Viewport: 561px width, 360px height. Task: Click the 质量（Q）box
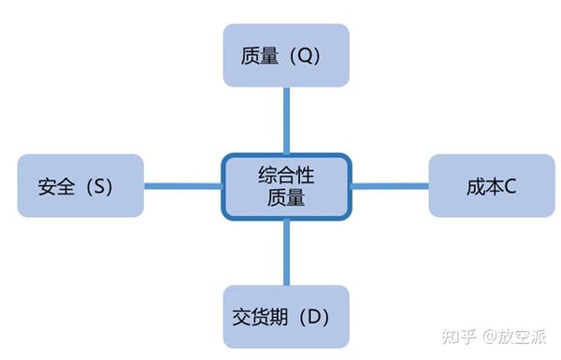click(x=285, y=55)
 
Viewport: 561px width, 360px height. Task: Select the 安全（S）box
click(x=80, y=185)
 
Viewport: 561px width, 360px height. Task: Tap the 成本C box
click(x=491, y=185)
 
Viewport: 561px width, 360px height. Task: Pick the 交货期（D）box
click(x=285, y=316)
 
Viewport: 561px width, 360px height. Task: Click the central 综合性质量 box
click(x=285, y=185)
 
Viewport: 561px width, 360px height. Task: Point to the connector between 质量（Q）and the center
click(x=285, y=120)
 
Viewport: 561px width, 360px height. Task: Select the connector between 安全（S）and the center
click(x=182, y=185)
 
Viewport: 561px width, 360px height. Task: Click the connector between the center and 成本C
click(x=389, y=185)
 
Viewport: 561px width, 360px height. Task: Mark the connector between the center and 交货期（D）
click(x=285, y=252)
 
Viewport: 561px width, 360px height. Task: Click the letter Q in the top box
click(x=303, y=56)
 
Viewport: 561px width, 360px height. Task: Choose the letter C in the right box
click(x=511, y=186)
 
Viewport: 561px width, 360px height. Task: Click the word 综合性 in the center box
click(x=285, y=174)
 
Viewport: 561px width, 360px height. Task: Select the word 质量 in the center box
click(x=285, y=197)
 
